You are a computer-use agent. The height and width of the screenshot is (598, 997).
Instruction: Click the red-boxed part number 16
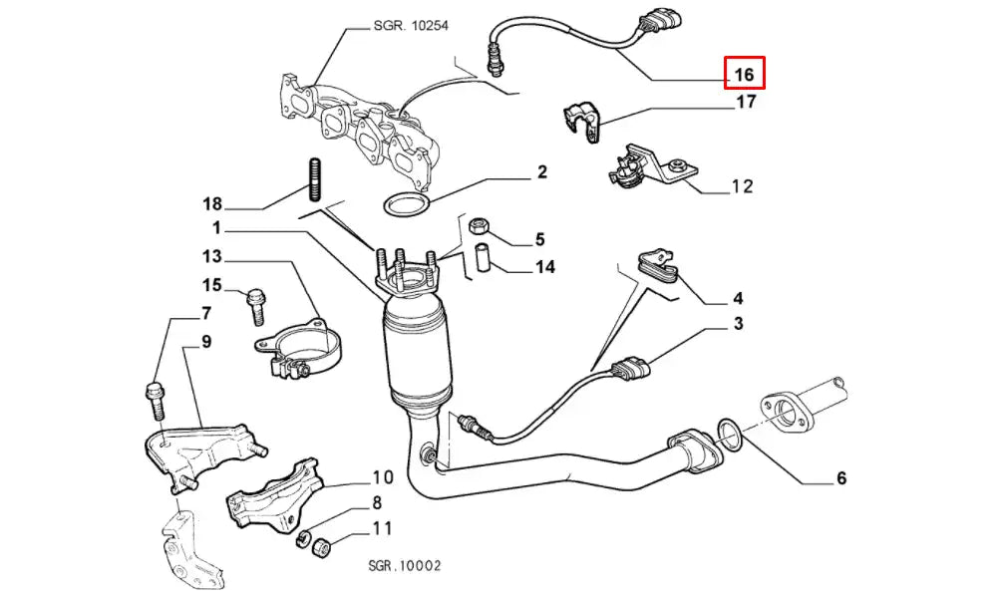tap(744, 74)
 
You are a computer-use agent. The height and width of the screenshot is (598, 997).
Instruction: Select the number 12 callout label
tap(742, 185)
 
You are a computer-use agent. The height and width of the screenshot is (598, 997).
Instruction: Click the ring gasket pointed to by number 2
tap(406, 206)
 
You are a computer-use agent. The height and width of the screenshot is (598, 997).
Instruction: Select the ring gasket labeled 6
tap(728, 436)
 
